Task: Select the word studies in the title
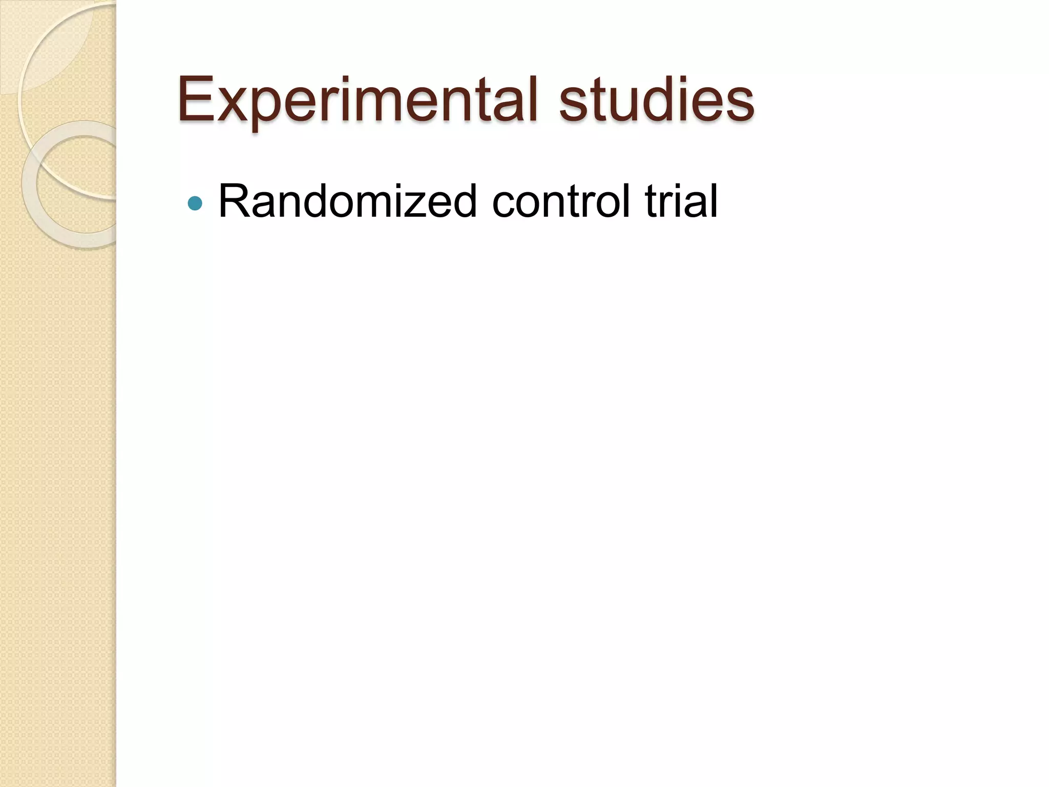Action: point(656,100)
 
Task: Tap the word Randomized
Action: point(348,201)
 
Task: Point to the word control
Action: point(561,201)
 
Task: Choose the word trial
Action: point(681,201)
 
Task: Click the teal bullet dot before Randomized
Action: point(195,203)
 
